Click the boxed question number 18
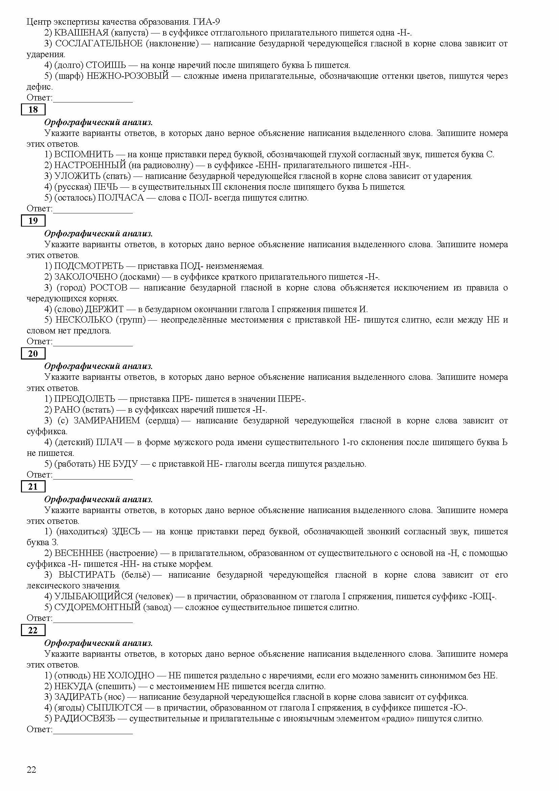(x=33, y=110)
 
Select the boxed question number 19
(x=33, y=221)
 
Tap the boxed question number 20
(x=33, y=353)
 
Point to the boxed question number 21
(x=33, y=486)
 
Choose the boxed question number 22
(x=33, y=630)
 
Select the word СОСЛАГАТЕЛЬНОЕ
(x=99, y=44)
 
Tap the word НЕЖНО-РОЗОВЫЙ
(x=128, y=76)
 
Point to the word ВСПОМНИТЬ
(x=83, y=155)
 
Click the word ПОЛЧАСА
(x=121, y=198)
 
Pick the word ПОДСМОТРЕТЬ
(x=89, y=266)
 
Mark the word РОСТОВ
(x=109, y=288)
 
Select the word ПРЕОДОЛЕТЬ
(x=85, y=399)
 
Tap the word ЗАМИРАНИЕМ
(x=107, y=421)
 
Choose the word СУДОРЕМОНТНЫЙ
(x=97, y=607)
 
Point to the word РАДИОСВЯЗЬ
(x=85, y=718)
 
